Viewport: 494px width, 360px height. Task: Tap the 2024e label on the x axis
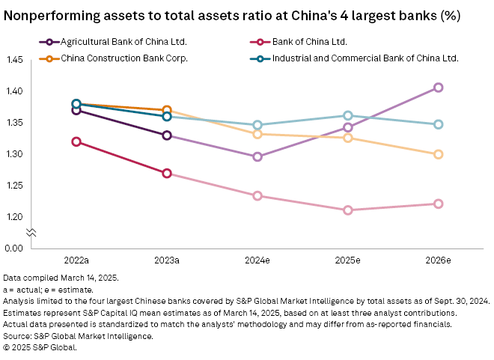(x=257, y=261)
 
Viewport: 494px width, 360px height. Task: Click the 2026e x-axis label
(x=438, y=261)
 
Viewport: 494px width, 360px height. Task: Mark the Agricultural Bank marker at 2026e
(x=438, y=88)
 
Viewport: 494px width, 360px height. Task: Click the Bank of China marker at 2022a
(x=76, y=141)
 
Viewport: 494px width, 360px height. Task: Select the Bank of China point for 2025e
(x=347, y=210)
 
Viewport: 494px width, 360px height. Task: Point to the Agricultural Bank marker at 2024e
(x=257, y=157)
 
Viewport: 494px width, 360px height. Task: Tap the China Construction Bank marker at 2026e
(x=438, y=154)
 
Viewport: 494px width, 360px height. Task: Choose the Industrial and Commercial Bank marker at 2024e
(x=257, y=125)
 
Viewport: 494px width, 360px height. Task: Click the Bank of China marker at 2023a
(x=167, y=174)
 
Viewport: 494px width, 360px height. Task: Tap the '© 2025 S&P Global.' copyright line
(x=40, y=347)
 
